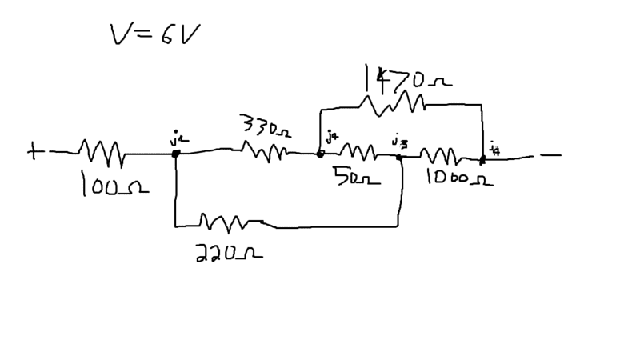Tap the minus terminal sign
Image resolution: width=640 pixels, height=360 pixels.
click(x=550, y=155)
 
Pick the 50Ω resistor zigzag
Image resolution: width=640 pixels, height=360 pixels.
click(x=360, y=151)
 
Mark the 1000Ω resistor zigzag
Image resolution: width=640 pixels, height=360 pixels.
click(x=439, y=155)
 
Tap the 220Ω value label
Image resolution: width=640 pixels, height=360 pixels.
click(x=228, y=254)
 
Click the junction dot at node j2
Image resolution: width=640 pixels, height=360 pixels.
click(x=174, y=153)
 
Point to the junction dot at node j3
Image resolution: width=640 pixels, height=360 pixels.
click(x=399, y=158)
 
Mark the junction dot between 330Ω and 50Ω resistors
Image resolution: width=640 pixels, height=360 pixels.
click(x=320, y=154)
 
